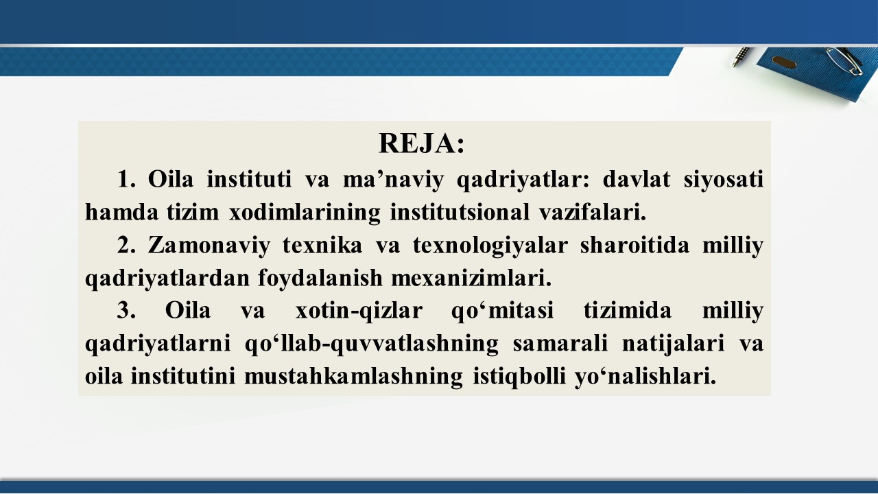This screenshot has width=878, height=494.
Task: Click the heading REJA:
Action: pyautogui.click(x=422, y=143)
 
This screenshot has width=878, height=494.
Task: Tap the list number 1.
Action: pyautogui.click(x=126, y=179)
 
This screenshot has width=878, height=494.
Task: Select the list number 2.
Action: pyautogui.click(x=126, y=245)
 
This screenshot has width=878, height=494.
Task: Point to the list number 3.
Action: pyautogui.click(x=126, y=311)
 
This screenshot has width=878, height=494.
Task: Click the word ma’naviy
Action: pyautogui.click(x=393, y=180)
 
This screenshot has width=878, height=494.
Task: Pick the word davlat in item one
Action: pyautogui.click(x=636, y=179)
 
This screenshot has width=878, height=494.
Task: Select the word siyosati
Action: pyautogui.click(x=724, y=180)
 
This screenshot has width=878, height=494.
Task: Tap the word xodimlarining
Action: pyautogui.click(x=305, y=213)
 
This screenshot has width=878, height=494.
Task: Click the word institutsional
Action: pyautogui.click(x=460, y=212)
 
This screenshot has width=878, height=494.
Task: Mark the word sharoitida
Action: pyautogui.click(x=634, y=245)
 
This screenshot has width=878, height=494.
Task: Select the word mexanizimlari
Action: pyautogui.click(x=471, y=278)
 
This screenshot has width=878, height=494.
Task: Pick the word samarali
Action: pyautogui.click(x=560, y=344)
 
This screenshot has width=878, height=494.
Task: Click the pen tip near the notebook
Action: pyautogui.click(x=734, y=64)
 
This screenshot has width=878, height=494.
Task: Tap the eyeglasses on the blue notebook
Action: pyautogui.click(x=844, y=61)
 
